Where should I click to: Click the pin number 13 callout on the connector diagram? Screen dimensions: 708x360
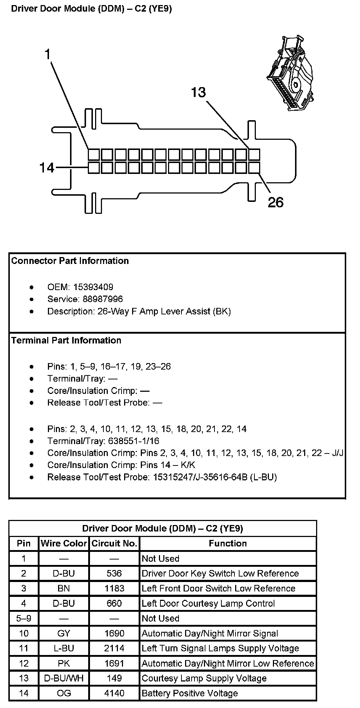point(199,92)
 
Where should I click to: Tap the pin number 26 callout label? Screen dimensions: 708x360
point(275,202)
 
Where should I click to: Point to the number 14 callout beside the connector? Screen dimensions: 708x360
point(47,168)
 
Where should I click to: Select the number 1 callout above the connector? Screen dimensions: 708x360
point(48,54)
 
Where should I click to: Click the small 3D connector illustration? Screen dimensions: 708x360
point(290,73)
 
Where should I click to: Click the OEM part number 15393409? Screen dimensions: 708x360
point(93,287)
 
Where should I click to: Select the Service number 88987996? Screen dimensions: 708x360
point(98,299)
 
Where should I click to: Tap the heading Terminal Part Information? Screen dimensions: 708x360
point(66,340)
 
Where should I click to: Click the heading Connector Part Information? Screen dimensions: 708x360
point(70,261)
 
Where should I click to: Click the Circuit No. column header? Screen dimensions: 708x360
point(114,543)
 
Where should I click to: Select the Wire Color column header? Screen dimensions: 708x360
point(64,543)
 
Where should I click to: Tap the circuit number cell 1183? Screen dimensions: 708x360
point(114,588)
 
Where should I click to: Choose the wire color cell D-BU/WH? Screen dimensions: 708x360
point(64,678)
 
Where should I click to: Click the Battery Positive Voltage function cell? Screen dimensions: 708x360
point(190,693)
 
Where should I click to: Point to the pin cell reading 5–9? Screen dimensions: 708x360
point(24,618)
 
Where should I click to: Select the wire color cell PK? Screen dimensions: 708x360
point(64,663)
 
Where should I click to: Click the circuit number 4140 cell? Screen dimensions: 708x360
point(114,693)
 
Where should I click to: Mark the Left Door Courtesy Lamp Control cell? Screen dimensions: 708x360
point(208,603)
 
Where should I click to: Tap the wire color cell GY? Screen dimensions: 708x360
point(64,633)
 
